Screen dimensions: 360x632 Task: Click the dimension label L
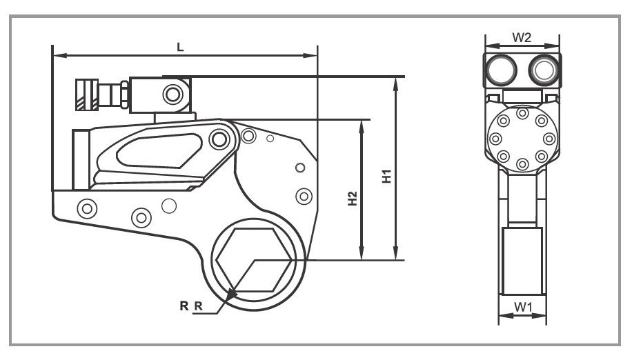pos(180,46)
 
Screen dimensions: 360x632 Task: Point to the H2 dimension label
pos(353,199)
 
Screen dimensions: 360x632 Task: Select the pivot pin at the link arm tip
pos(219,139)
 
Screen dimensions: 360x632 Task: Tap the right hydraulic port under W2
pos(543,69)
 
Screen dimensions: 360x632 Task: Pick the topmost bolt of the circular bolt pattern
pos(522,112)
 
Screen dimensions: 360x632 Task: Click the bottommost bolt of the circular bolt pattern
pos(522,164)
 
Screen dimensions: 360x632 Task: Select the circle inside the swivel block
pos(170,93)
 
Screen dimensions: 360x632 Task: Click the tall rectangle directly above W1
pos(522,261)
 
